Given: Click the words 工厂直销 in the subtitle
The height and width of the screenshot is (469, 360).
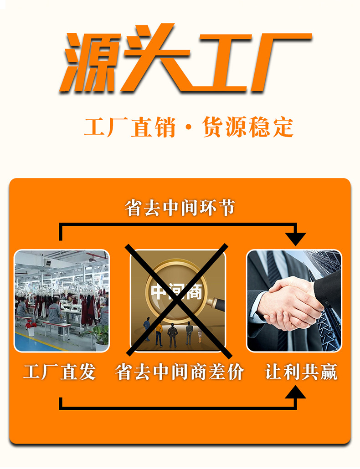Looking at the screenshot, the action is tap(129, 127).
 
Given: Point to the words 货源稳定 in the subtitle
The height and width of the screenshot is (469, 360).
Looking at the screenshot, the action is tap(248, 127).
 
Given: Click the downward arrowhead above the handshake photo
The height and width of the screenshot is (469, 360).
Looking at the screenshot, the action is tap(296, 239).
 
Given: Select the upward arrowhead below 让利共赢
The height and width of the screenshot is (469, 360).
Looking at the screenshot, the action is tap(296, 392).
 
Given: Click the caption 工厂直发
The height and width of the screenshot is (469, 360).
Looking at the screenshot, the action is tap(60, 372).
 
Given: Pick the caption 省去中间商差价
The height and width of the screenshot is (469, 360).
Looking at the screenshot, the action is tap(180, 372).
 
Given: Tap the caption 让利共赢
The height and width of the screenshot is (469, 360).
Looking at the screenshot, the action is tap(301, 372).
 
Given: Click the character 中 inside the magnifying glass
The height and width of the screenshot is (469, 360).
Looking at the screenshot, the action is tap(158, 291).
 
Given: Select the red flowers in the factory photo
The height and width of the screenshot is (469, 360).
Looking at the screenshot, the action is tap(31, 324).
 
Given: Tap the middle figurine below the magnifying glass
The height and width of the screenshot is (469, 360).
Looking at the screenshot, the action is tap(173, 335).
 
